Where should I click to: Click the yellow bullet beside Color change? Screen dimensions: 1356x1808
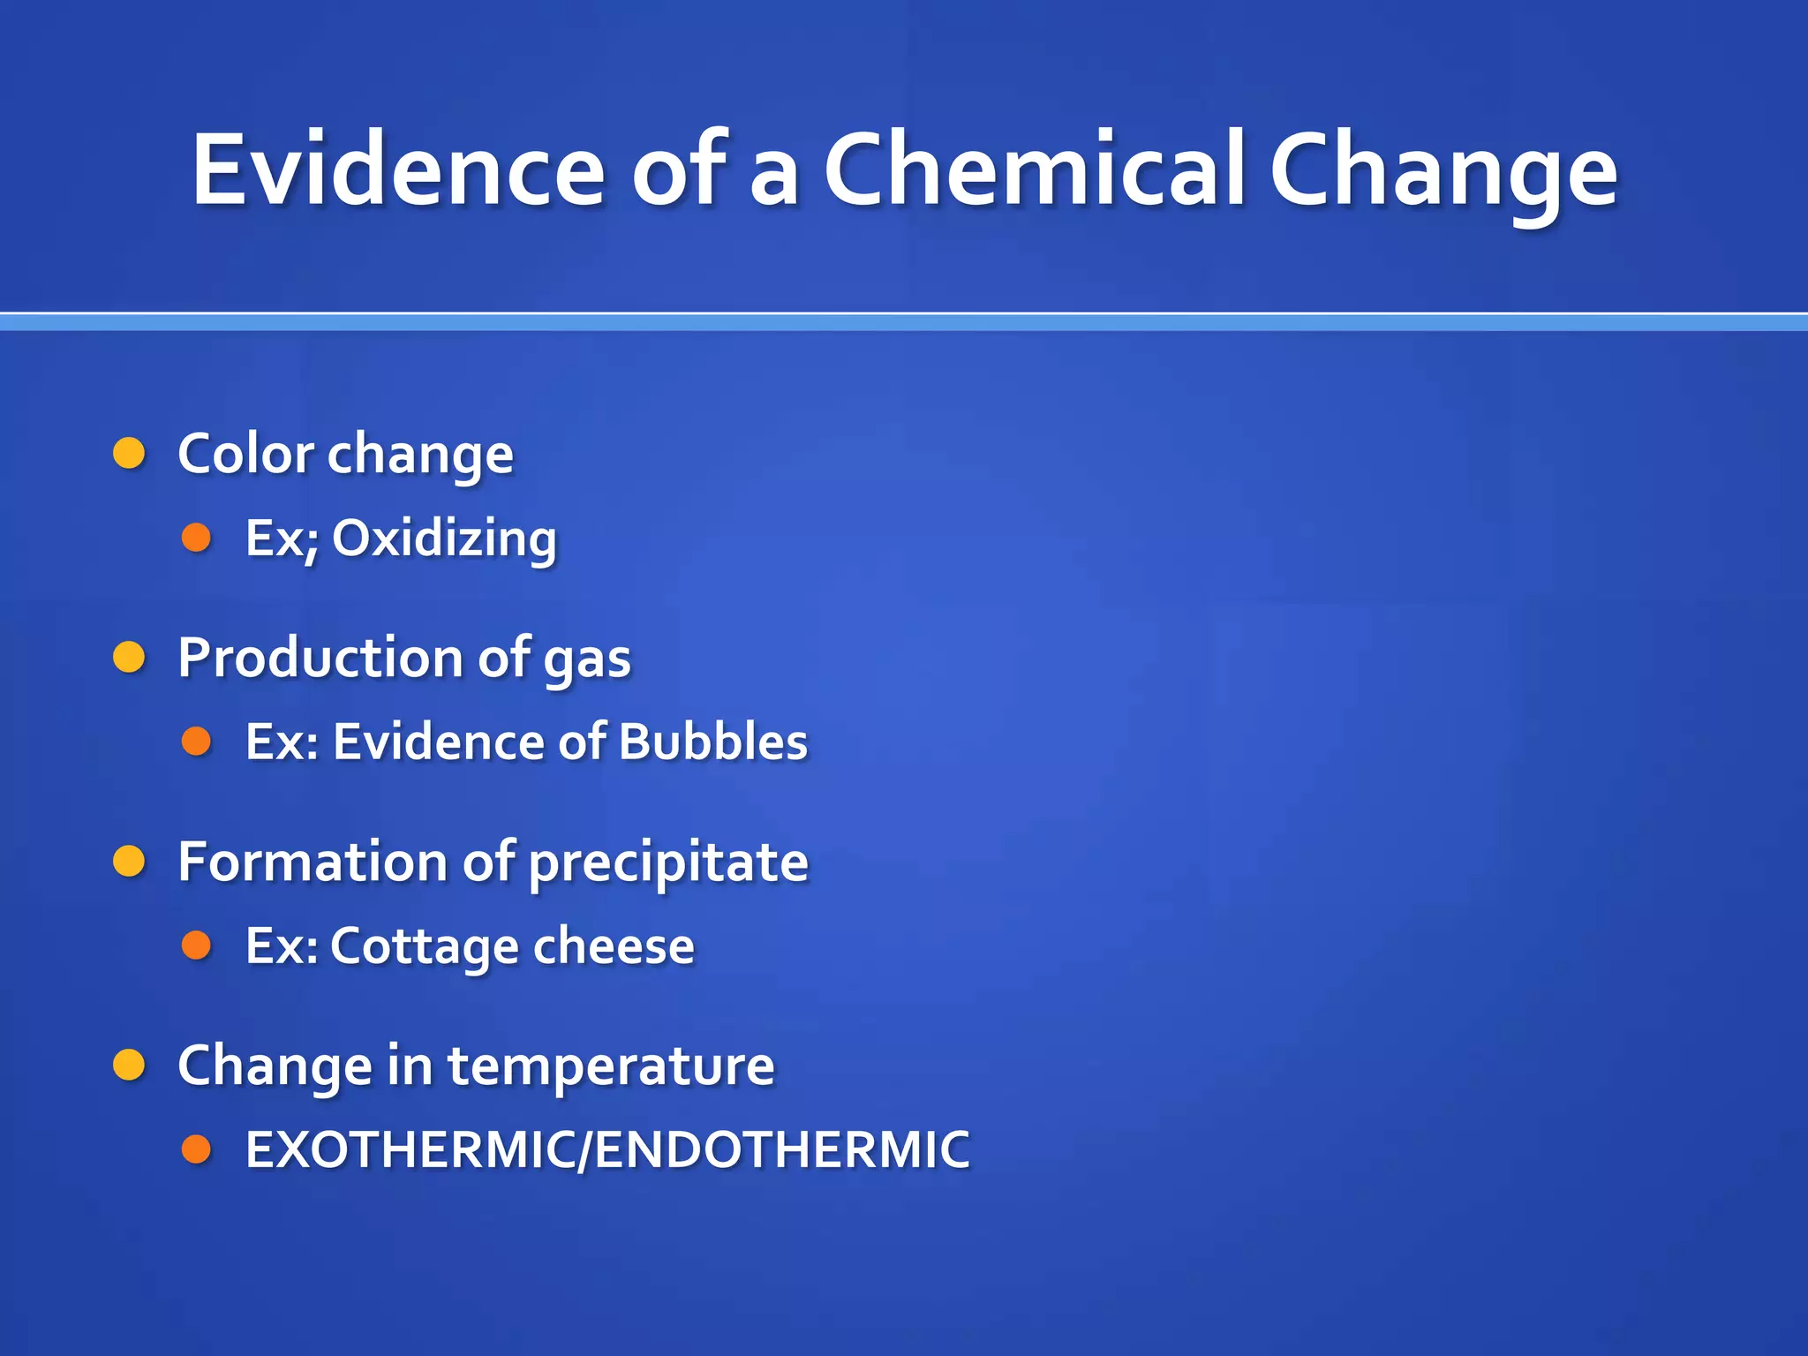click(129, 453)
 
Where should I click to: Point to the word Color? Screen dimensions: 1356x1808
click(245, 455)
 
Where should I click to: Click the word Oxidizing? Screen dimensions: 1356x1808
click(444, 539)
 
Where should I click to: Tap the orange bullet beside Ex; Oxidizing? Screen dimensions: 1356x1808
click(196, 538)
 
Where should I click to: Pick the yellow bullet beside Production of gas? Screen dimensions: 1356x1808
click(129, 658)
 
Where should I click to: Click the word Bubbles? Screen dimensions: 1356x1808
click(713, 742)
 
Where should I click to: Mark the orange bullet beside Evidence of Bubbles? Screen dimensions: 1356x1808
click(196, 741)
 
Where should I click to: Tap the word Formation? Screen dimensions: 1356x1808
click(313, 862)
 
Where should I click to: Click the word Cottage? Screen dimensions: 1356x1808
click(425, 946)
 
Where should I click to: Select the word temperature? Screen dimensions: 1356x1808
click(611, 1067)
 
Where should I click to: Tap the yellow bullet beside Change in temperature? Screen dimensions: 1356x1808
click(129, 1066)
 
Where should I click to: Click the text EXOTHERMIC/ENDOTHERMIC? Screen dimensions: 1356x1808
click(607, 1149)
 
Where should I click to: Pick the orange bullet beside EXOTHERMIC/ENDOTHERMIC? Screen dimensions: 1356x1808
click(196, 1149)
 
